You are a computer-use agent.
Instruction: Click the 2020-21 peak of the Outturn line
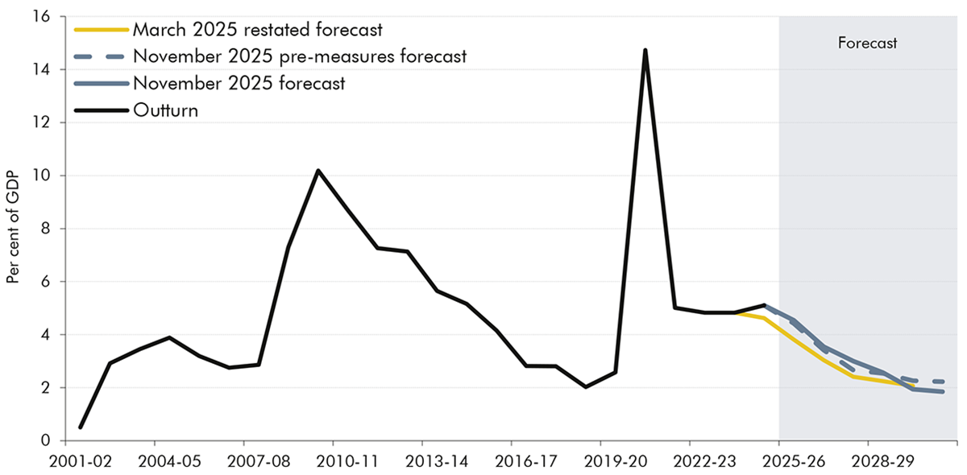pos(645,50)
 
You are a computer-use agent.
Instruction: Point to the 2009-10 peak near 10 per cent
pos(318,170)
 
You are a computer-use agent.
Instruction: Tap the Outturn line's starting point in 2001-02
pos(81,427)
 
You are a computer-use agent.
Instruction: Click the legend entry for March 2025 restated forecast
pos(257,30)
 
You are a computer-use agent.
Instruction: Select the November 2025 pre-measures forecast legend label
pos(300,56)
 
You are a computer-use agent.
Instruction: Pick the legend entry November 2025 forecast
pos(239,83)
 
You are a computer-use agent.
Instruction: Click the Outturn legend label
pos(165,110)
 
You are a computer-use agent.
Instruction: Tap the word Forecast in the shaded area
pos(867,43)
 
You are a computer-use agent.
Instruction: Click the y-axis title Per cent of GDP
pos(14,228)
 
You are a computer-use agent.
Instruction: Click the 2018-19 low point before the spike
pos(586,387)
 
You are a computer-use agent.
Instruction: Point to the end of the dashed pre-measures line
pos(944,382)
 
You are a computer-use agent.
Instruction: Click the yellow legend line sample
pos(100,30)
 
